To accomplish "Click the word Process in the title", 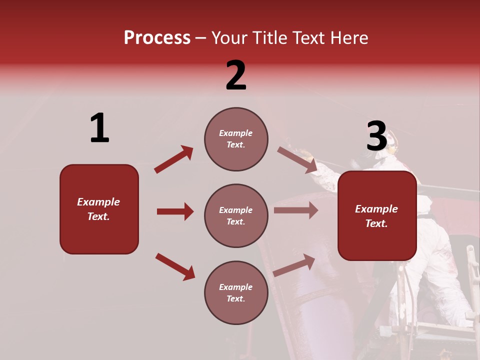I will click(x=157, y=38).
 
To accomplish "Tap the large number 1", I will click(x=99, y=128).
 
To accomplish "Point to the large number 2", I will click(x=236, y=75).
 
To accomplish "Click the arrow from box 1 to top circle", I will click(x=173, y=159).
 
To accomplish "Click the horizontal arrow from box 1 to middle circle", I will click(x=175, y=211).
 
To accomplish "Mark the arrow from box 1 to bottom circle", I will click(x=175, y=266).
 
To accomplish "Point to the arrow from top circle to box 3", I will click(x=297, y=159).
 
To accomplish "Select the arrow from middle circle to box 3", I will click(x=296, y=210).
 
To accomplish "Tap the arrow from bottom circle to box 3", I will click(x=294, y=265).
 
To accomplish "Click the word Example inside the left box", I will click(x=98, y=202).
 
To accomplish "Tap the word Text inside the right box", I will click(x=376, y=223).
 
